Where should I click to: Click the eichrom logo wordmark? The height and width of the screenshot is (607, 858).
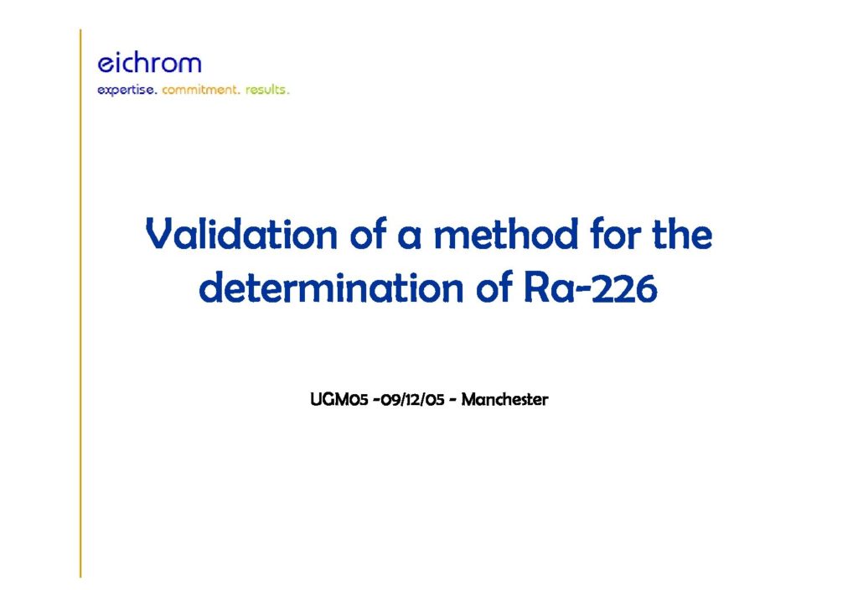click(149, 63)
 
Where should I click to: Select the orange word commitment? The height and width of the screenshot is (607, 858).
click(200, 89)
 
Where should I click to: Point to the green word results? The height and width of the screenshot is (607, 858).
click(267, 89)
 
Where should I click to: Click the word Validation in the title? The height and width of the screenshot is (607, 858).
click(241, 234)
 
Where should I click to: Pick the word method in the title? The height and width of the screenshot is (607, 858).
click(506, 234)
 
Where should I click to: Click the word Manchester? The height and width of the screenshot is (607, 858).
click(504, 400)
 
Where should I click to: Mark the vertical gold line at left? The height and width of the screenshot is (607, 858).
click(80, 303)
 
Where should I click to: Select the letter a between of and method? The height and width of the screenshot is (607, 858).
click(409, 239)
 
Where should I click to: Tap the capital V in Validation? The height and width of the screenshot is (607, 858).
click(160, 234)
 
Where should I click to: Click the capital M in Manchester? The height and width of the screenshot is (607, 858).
click(469, 400)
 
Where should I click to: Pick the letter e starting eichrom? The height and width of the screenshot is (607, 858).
click(105, 65)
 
